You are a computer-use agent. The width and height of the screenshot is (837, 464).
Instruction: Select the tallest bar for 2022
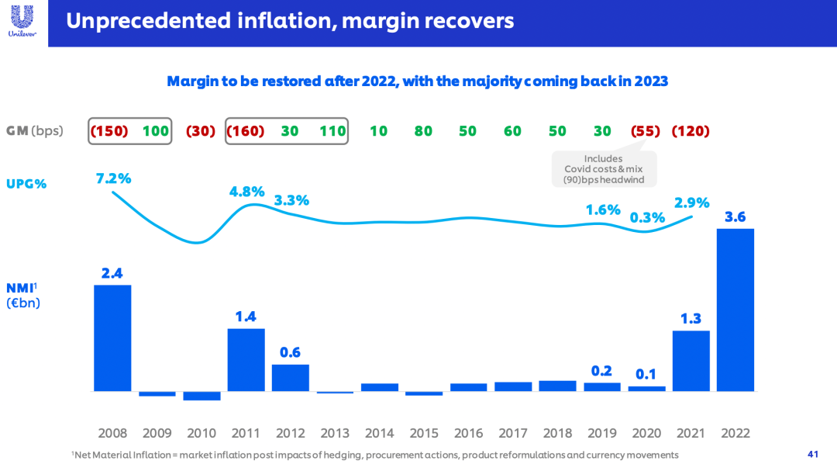tap(735, 310)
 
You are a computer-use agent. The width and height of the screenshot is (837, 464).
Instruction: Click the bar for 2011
tap(246, 359)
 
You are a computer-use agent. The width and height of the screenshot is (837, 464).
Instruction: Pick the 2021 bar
tap(691, 361)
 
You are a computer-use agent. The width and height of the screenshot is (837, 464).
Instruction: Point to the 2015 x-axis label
tap(423, 433)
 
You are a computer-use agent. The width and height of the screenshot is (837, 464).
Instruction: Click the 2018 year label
tap(557, 433)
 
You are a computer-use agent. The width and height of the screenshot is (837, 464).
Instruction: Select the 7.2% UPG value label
tap(113, 178)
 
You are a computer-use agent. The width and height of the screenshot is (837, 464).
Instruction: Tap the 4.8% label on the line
tap(246, 192)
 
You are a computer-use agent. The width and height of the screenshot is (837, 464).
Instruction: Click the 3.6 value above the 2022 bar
tap(735, 216)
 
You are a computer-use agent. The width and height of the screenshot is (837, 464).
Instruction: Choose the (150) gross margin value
tap(109, 131)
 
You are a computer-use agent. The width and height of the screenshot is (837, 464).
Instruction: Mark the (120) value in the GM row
tap(691, 131)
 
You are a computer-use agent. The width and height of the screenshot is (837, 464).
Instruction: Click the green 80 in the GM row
tap(423, 131)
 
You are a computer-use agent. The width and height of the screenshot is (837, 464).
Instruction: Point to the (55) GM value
tap(646, 131)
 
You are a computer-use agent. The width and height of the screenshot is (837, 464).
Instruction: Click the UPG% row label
tap(27, 184)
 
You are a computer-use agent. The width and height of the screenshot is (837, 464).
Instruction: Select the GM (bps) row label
tap(35, 131)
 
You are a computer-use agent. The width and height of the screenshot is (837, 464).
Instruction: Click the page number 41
tap(812, 454)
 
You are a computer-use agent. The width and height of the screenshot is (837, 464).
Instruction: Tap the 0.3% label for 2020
tap(646, 217)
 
